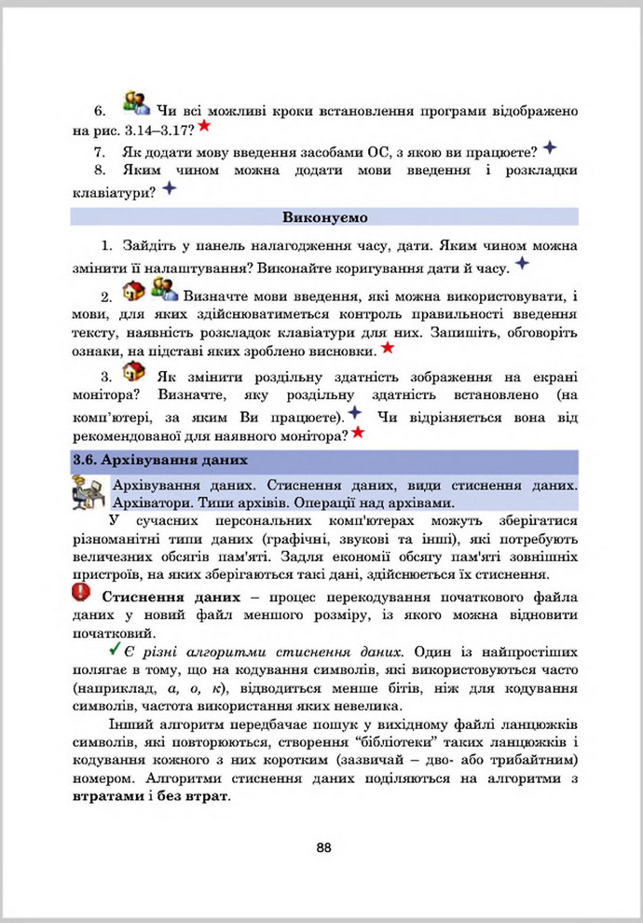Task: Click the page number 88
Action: coord(323,847)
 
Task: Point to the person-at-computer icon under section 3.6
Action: coord(89,491)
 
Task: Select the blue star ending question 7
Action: coord(550,147)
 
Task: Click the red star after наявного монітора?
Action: coord(357,433)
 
